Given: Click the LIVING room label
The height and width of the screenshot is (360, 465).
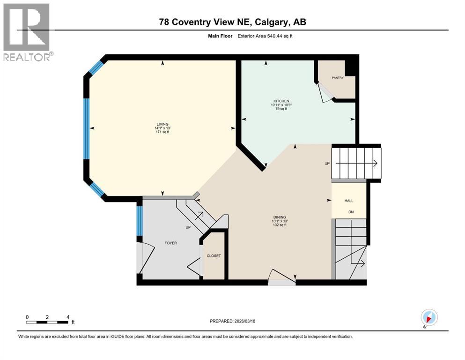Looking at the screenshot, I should click(162, 124).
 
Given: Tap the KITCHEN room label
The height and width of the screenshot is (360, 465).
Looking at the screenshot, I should click(281, 101).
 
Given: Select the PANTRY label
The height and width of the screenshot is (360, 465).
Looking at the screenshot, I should click(338, 78).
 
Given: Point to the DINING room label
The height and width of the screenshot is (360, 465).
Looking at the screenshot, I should click(280, 217).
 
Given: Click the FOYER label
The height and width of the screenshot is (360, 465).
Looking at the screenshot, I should click(170, 243).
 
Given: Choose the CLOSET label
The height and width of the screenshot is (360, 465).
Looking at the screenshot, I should click(214, 256).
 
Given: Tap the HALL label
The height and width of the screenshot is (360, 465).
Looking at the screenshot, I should click(349, 201).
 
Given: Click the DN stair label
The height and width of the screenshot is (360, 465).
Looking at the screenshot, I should click(350, 212).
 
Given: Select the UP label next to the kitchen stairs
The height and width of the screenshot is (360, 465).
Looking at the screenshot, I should click(327, 164).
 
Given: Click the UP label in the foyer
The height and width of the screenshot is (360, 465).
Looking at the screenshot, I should click(188, 227).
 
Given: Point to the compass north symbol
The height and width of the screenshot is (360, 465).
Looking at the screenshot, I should click(429, 317).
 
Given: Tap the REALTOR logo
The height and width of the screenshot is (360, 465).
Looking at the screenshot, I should click(27, 32).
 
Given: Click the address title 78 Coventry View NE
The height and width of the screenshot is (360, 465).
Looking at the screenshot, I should click(232, 22).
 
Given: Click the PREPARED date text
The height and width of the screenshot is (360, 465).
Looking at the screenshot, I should click(233, 321).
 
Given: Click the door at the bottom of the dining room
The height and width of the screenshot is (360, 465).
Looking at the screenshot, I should click(281, 278).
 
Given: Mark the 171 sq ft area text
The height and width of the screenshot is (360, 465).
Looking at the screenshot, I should click(162, 133).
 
